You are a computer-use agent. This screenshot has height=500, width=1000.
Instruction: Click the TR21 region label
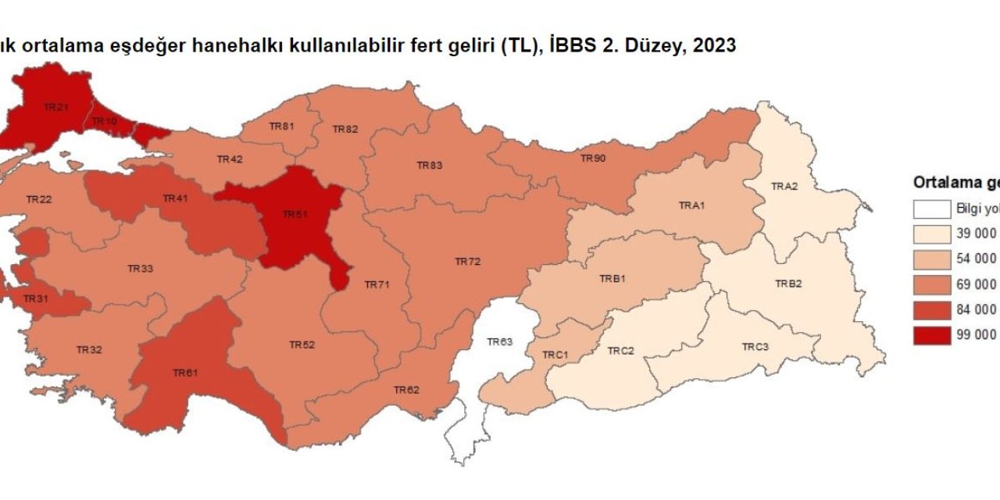55,106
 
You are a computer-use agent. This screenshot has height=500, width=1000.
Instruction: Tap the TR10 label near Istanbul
104,122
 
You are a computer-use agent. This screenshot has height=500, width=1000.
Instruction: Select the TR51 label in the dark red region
295,214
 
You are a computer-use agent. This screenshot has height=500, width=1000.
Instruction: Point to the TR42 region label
230,159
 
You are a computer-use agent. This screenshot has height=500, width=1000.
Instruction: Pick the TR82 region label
345,129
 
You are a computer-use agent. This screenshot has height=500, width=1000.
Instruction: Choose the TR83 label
429,166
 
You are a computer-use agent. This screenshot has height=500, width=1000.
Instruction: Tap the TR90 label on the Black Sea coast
593,159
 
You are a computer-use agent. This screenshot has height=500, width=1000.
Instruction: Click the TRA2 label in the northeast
784,186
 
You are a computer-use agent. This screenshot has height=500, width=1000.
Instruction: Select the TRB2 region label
788,284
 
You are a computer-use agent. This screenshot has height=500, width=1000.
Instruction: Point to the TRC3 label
755,346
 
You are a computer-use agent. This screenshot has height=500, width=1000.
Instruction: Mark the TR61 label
185,373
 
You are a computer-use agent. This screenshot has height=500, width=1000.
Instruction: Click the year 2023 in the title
712,46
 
